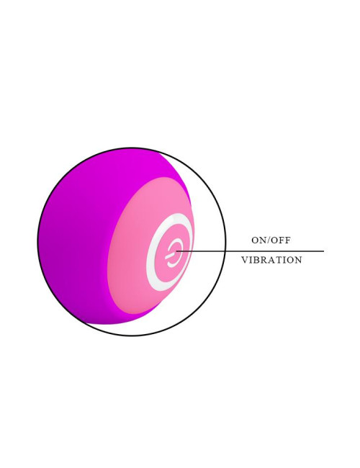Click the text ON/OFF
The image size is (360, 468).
tap(271, 240)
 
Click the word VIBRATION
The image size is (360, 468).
tap(271, 260)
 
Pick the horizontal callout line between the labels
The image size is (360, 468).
tap(250, 251)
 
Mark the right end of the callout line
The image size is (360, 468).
tap(323, 251)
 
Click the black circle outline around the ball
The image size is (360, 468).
tap(226, 242)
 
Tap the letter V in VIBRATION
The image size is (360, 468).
tap(245, 260)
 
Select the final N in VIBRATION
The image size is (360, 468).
tap(298, 260)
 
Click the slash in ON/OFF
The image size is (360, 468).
tap(269, 240)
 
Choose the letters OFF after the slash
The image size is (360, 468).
tap(281, 240)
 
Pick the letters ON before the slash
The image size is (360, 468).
tap(258, 240)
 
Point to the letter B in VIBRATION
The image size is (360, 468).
tap(256, 260)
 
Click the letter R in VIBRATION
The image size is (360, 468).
tap(264, 260)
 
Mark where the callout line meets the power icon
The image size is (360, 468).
tap(176, 251)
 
